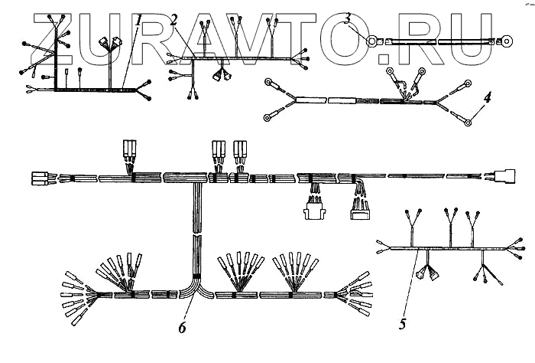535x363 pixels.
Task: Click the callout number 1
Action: (x=138, y=21)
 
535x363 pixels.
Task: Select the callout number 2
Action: (x=174, y=20)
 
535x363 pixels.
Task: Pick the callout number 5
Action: (x=403, y=324)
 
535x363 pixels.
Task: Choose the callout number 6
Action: (x=182, y=328)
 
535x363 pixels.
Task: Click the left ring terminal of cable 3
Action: (x=372, y=41)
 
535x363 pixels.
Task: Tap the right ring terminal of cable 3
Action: (x=506, y=41)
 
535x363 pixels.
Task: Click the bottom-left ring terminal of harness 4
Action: (x=269, y=118)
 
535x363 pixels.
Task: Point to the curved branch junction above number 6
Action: (x=196, y=288)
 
